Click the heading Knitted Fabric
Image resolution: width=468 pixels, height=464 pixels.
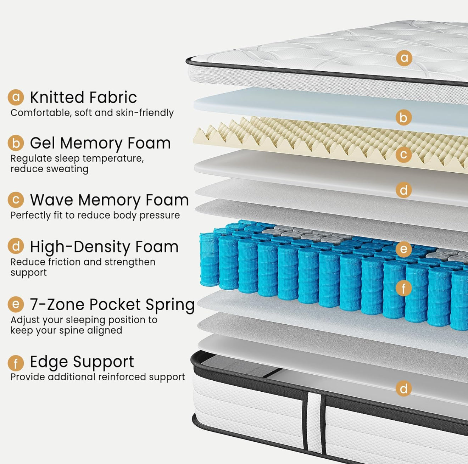pos(83,97)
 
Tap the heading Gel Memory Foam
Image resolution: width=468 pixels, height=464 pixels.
pos(100,143)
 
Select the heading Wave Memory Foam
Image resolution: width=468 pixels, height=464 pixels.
pos(109,200)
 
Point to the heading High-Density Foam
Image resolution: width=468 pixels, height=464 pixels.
pos(104,247)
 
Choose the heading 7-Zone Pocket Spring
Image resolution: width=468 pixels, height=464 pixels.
pos(112,304)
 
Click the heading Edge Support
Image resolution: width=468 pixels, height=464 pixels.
pos(82,362)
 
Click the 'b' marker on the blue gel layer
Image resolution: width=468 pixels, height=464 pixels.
pos(403,118)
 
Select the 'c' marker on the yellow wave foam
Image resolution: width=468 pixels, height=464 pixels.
pos(403,155)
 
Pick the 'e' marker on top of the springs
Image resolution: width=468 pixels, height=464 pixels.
pos(403,249)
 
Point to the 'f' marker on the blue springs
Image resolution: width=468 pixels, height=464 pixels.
pos(403,288)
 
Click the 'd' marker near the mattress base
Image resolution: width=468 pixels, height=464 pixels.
pos(403,388)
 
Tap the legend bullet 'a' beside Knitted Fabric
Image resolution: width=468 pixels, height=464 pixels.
pos(16,97)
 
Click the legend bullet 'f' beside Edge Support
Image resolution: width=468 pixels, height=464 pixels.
pos(16,363)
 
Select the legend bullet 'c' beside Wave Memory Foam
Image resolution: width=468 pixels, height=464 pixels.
pos(16,200)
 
